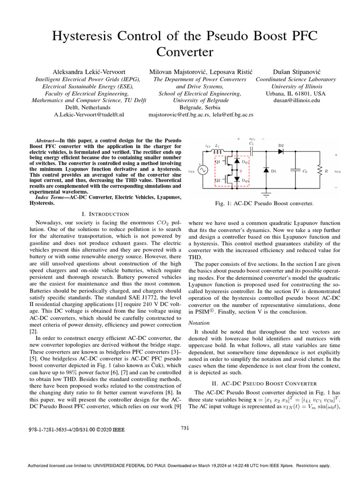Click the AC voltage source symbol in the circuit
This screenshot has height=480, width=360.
[204, 171]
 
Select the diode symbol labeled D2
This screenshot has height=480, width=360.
[281, 151]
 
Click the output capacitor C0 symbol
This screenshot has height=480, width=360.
[296, 171]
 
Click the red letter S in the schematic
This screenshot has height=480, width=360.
[241, 172]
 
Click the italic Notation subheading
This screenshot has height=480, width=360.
[199, 323]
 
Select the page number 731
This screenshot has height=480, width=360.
[185, 427]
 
